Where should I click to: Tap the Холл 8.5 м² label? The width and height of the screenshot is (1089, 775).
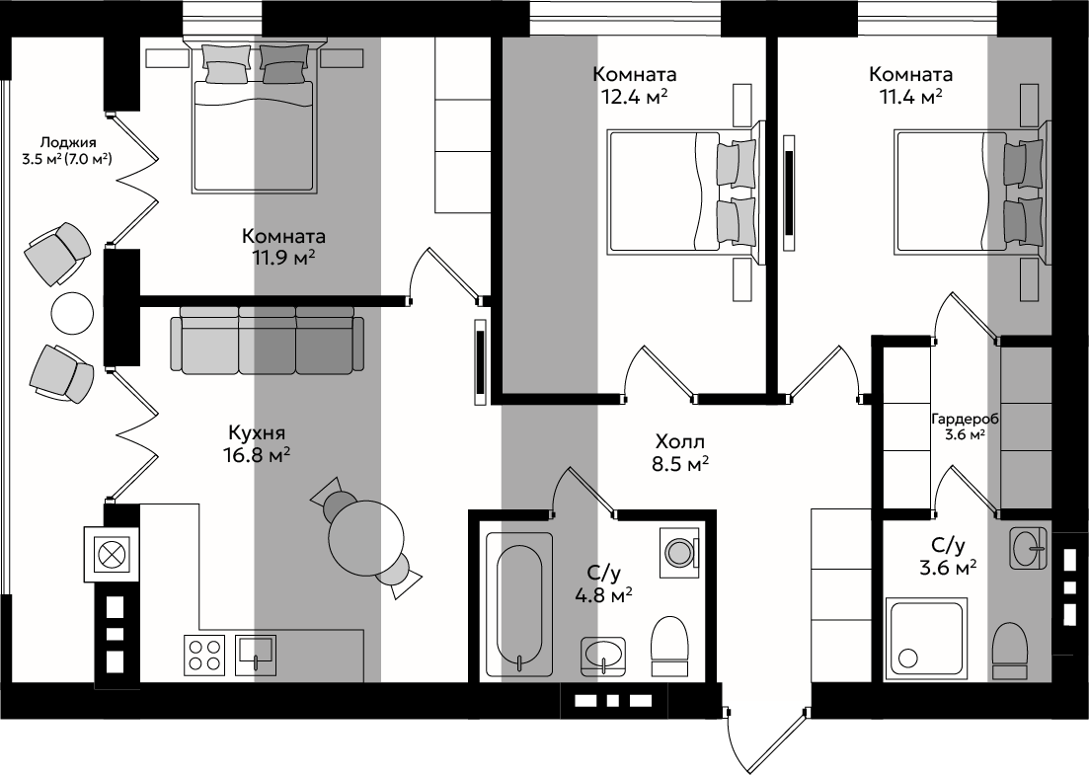[680, 452]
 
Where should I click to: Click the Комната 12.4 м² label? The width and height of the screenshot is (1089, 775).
[634, 85]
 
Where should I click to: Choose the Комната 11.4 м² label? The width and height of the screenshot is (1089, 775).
[910, 85]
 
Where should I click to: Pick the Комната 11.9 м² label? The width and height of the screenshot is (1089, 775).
[283, 247]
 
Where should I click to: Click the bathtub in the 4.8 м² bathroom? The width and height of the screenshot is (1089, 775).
[519, 604]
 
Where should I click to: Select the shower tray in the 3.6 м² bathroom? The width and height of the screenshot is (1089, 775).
[927, 638]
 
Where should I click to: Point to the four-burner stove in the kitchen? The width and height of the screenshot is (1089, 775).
[205, 656]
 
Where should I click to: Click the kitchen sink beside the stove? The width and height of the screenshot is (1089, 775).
[256, 655]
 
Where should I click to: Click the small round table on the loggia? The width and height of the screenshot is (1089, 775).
[72, 314]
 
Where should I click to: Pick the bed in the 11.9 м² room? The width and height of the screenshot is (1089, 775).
[254, 116]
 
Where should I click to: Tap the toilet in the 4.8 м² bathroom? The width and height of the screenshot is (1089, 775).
[669, 647]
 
